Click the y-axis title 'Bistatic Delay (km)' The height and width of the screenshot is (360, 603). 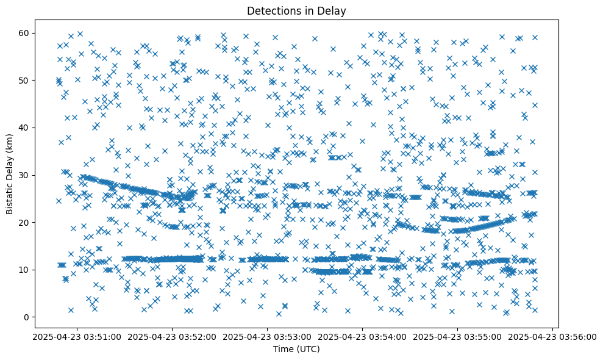[x=10, y=173]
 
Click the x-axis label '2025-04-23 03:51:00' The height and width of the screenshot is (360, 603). [x=77, y=336]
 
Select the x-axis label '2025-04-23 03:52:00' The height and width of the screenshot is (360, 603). [x=172, y=336]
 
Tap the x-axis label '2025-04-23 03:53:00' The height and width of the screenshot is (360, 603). [x=267, y=336]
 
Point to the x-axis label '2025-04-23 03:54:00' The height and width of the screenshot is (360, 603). [x=362, y=336]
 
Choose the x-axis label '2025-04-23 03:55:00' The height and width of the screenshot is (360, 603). [x=457, y=336]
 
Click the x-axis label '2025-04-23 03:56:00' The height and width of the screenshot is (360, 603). [x=552, y=336]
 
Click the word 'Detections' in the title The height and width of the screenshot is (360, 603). [x=270, y=10]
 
